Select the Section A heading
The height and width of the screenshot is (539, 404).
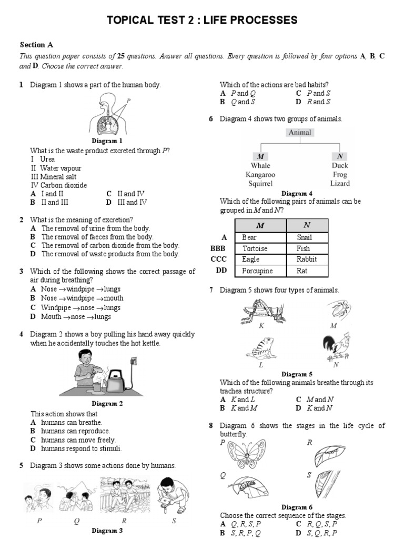coord(36,45)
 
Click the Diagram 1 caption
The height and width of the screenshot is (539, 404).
coord(107,141)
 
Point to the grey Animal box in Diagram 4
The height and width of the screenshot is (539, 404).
coord(299,133)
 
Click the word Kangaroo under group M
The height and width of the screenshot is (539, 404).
coord(260,175)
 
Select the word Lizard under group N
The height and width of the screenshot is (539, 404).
coord(339,184)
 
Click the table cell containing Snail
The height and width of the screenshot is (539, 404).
coord(307,237)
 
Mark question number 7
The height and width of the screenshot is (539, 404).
coord(211,290)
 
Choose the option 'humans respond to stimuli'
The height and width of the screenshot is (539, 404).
coord(81,448)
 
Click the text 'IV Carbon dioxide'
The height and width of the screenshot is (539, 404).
coord(59,185)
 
